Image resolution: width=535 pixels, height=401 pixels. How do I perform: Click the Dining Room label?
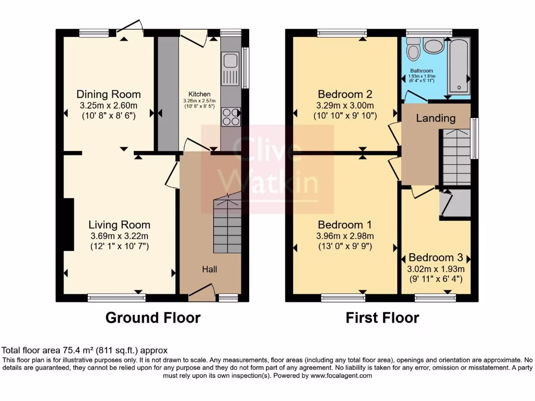(109, 95)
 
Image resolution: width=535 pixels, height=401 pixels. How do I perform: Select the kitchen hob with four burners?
(230, 117)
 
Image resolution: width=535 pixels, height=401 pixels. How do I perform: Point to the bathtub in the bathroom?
(459, 67)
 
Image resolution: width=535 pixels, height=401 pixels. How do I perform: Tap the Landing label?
(435, 118)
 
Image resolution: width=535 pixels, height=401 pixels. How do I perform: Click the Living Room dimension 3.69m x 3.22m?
(119, 235)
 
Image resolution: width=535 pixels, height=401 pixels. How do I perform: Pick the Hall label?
(210, 269)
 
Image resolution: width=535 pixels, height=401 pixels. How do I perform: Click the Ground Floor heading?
(153, 317)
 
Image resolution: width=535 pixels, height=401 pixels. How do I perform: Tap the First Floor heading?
(382, 317)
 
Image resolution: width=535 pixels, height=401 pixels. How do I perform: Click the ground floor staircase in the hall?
(227, 225)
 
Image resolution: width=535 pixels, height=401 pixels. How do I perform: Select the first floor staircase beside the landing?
(456, 157)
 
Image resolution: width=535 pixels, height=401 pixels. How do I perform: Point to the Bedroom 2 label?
(345, 95)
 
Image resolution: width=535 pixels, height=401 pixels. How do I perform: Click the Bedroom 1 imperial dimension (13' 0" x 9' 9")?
(345, 246)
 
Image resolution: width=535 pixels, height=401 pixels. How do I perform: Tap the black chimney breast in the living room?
(68, 225)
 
